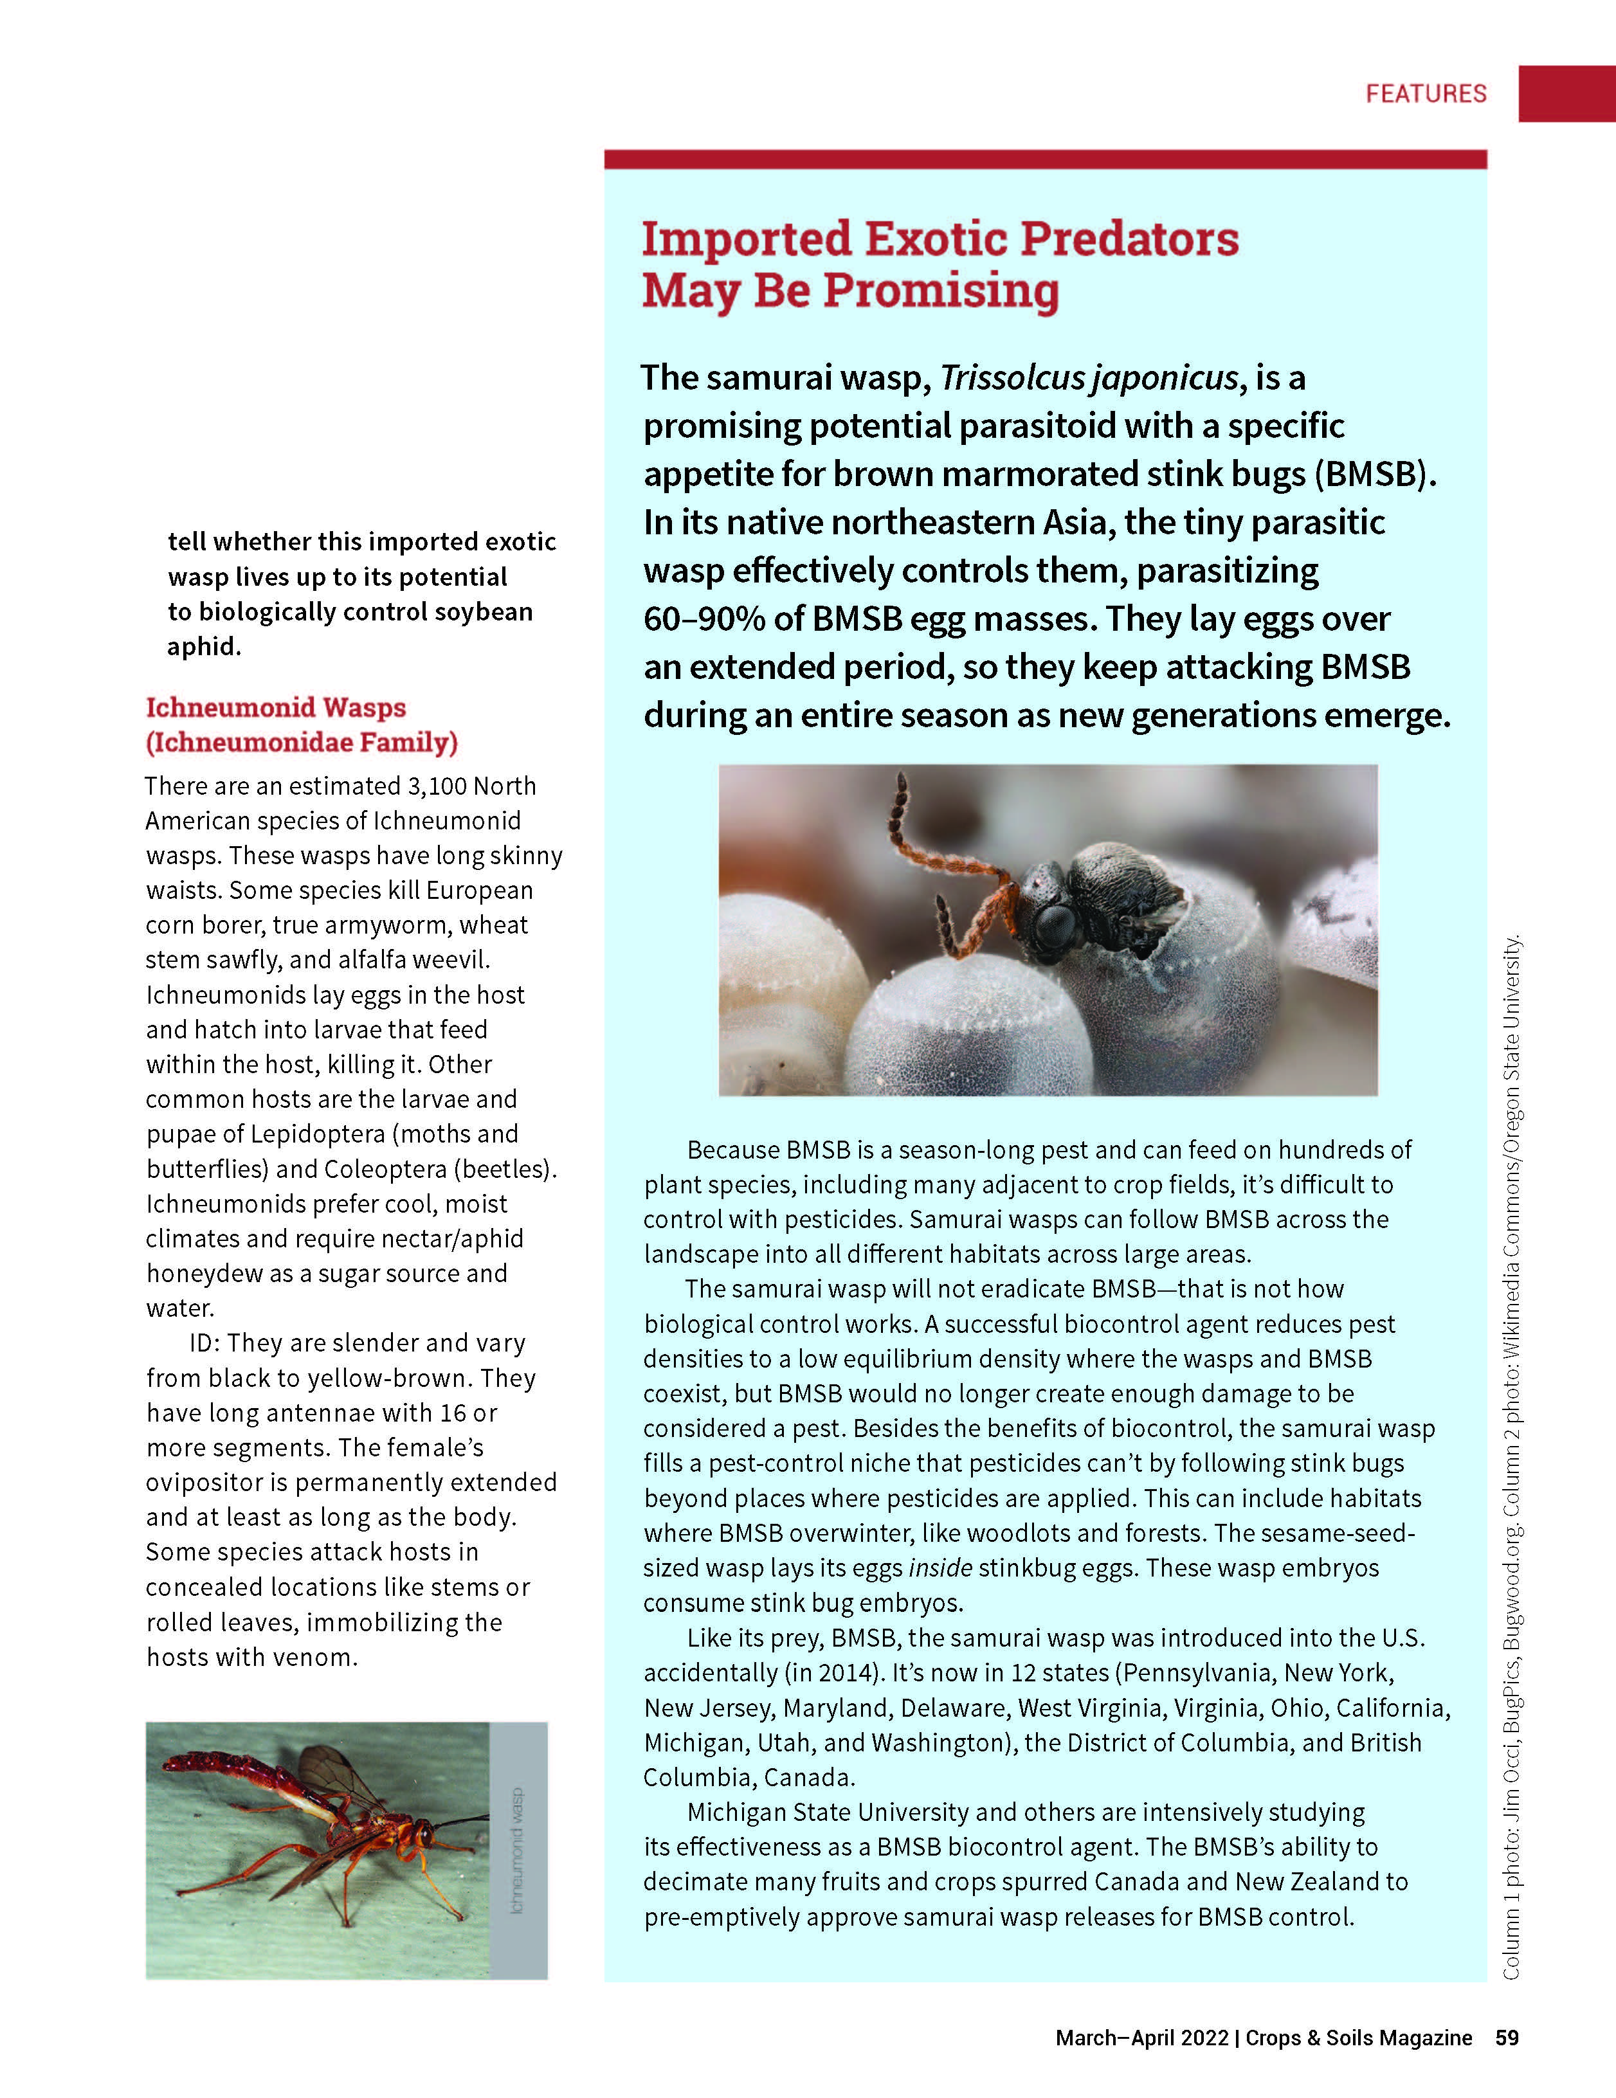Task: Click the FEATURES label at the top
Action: point(1426,94)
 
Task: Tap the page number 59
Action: point(1507,2038)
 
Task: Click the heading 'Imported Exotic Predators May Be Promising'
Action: point(940,264)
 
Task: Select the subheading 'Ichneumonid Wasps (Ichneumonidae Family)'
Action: point(302,725)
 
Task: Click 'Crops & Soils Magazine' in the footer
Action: point(1359,2038)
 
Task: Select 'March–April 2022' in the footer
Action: point(1141,2038)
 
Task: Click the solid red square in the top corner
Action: point(1566,93)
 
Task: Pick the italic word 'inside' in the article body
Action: point(940,1568)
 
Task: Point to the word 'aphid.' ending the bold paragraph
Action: point(204,646)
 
